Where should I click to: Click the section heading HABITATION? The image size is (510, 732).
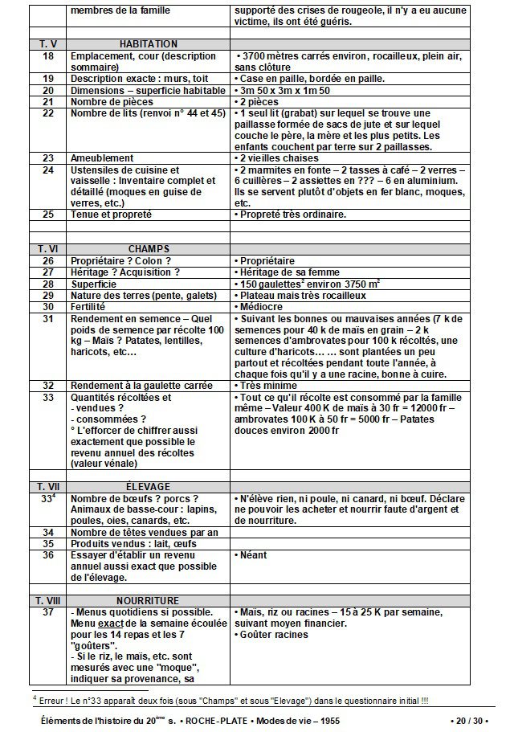pyautogui.click(x=149, y=44)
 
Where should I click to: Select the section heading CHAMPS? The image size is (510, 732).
pyautogui.click(x=149, y=249)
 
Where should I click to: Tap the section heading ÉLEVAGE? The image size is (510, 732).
pyautogui.click(x=148, y=487)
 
